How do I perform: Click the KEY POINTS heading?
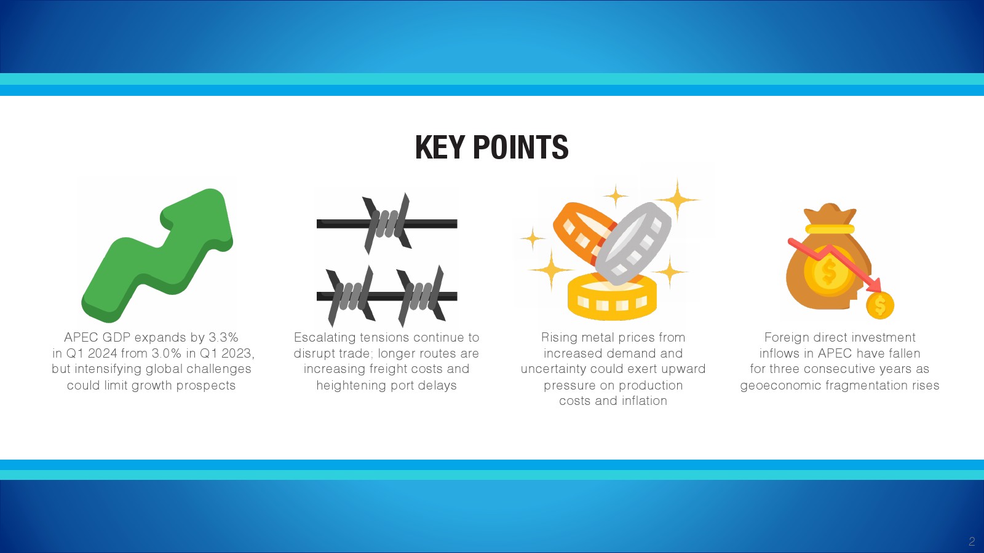(x=491, y=147)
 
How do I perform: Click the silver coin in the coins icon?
(x=633, y=243)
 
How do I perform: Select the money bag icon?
(x=828, y=259)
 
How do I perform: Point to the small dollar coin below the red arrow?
(x=880, y=305)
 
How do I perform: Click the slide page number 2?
(x=972, y=541)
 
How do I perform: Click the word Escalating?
(x=325, y=337)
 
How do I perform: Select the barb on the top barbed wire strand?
(x=387, y=224)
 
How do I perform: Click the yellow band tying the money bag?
(x=830, y=229)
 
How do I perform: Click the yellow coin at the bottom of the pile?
(x=612, y=297)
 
